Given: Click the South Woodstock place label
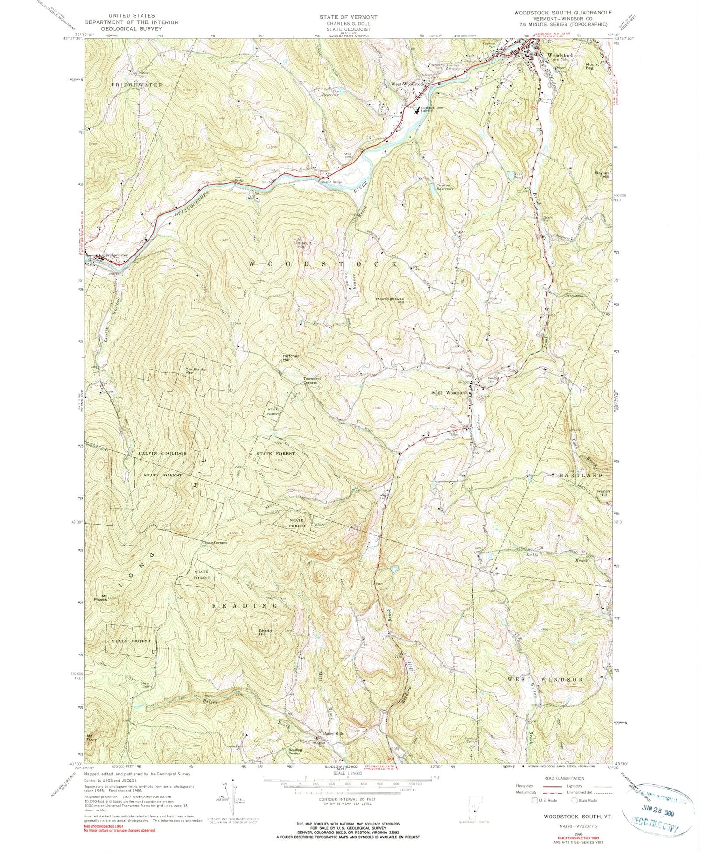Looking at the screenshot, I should [449, 393].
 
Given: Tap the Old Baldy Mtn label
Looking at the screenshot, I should [195, 371].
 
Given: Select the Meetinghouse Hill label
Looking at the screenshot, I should [390, 300].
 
